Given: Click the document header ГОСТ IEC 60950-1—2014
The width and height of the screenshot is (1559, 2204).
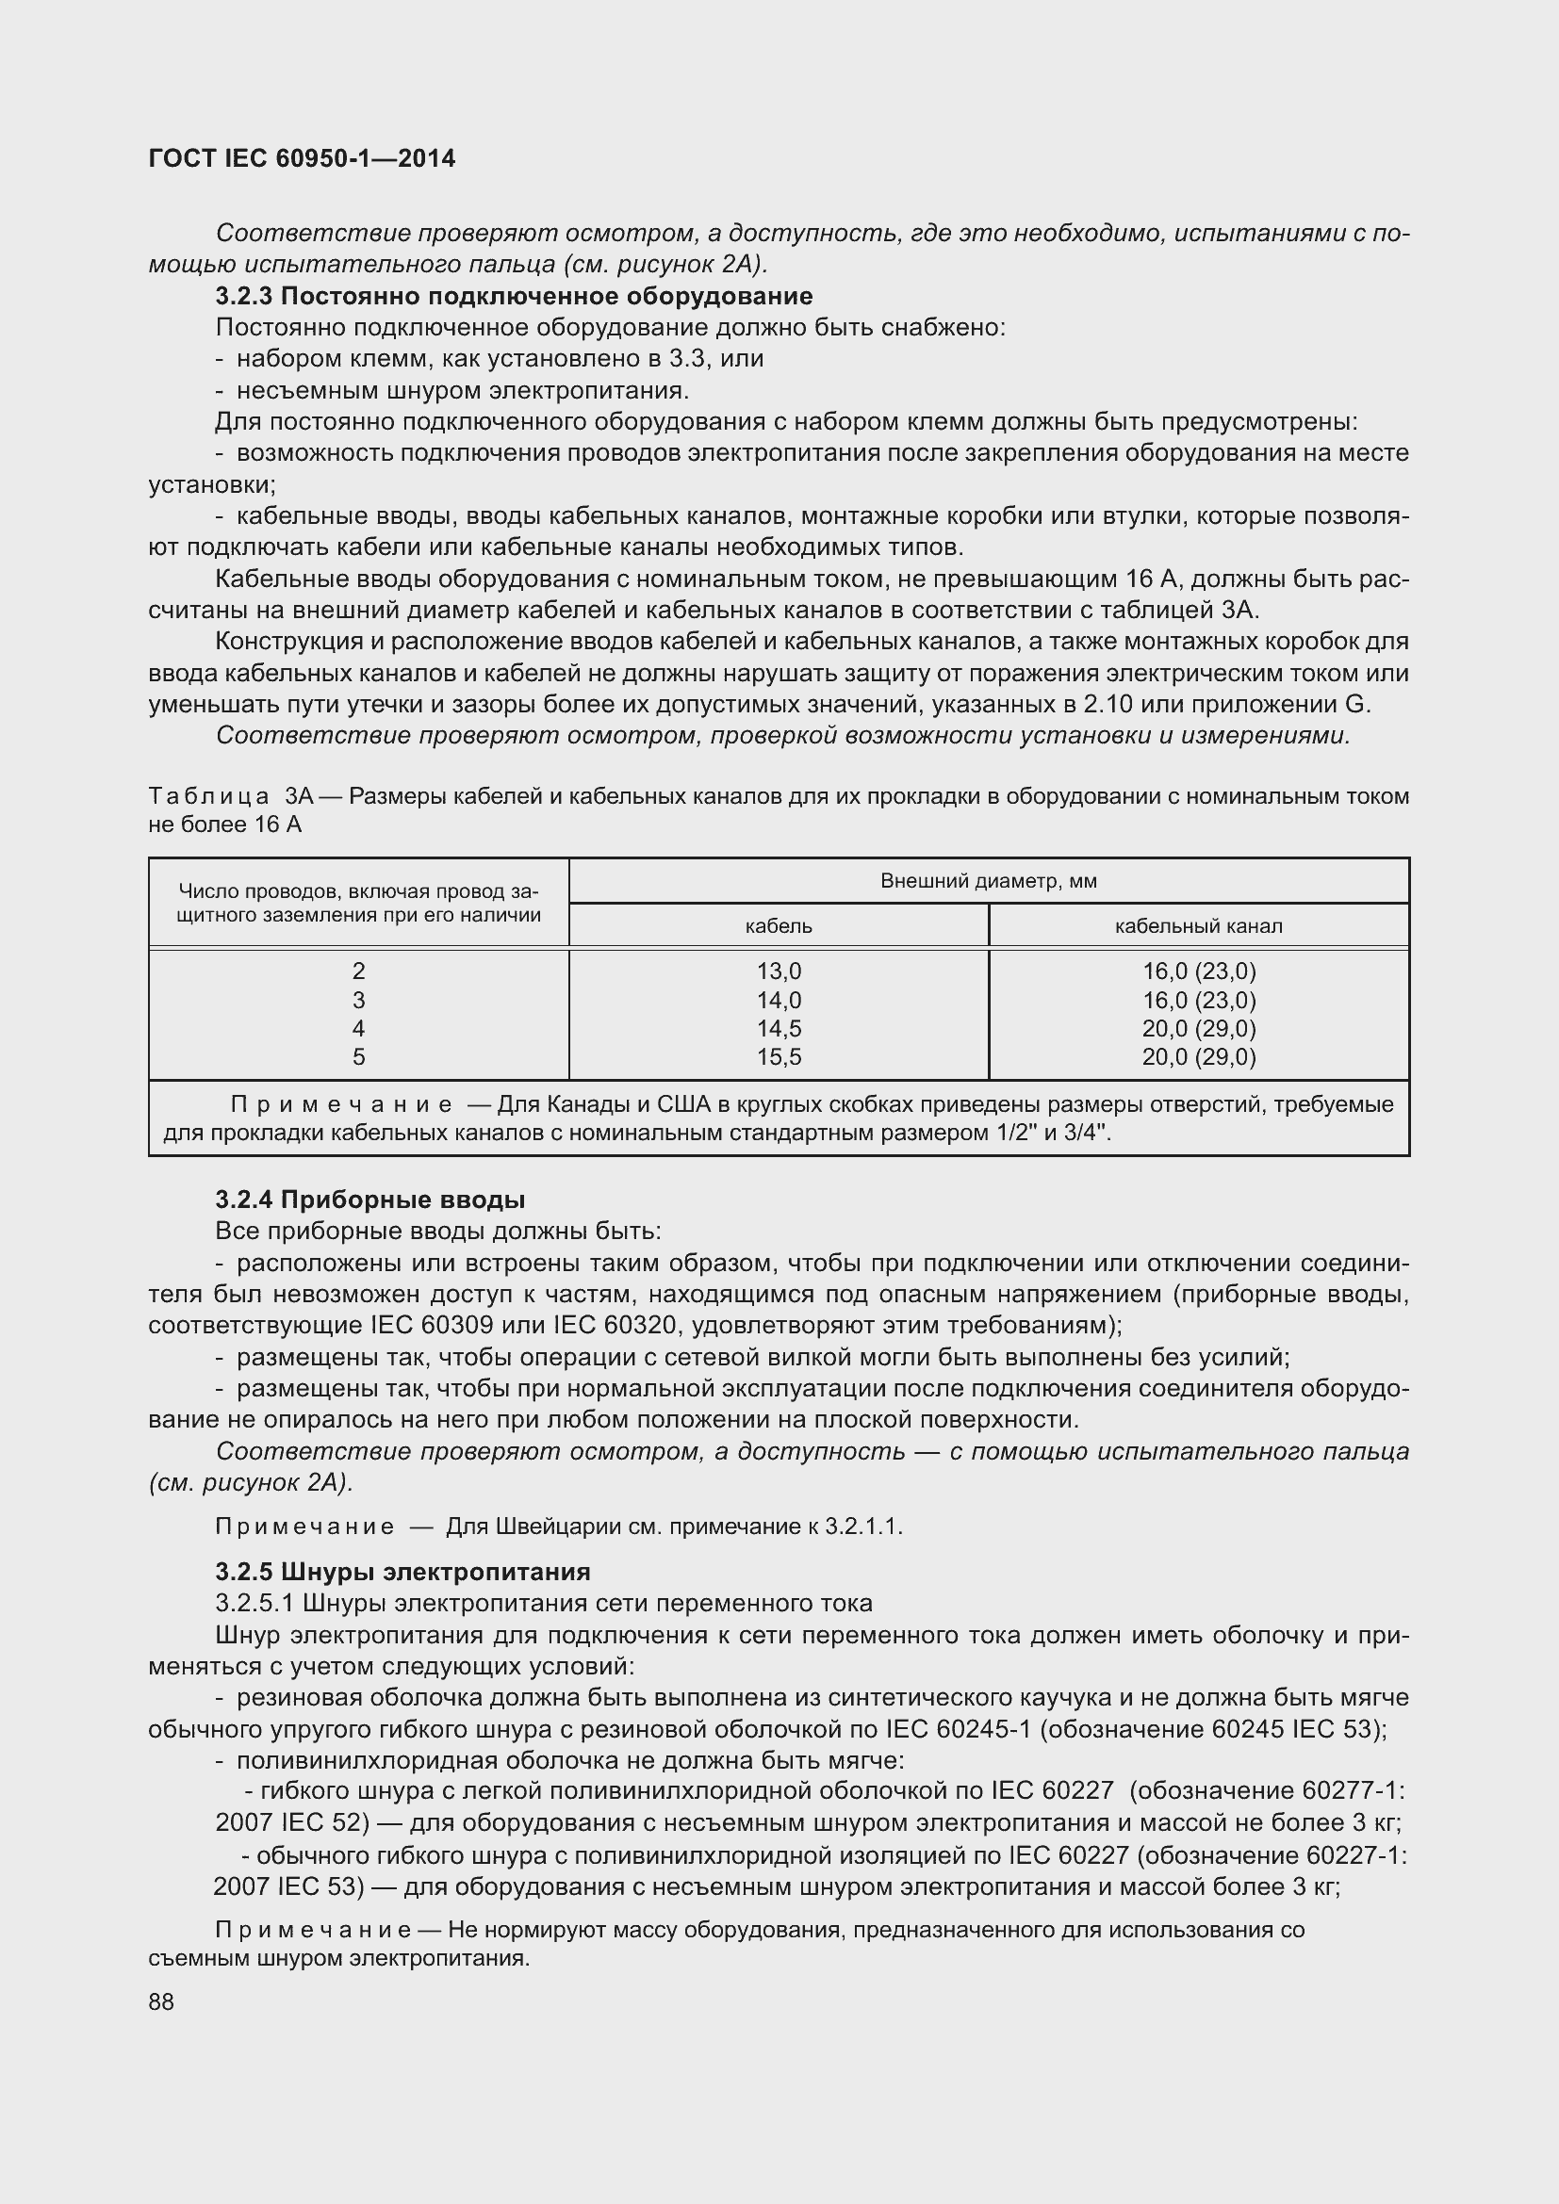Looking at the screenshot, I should point(302,158).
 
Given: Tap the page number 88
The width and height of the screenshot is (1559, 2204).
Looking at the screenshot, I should point(161,2001).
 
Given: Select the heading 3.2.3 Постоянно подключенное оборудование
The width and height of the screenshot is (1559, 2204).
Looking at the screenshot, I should point(514,296).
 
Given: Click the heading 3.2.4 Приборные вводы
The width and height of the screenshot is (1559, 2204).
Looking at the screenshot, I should point(369,1199).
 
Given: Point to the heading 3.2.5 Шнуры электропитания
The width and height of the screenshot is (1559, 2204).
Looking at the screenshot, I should point(402,1572).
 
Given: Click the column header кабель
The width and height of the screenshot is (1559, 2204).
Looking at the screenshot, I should point(779,926).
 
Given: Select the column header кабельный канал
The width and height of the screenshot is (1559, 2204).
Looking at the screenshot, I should point(1198,926).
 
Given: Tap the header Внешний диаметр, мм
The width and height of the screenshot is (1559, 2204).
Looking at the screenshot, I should point(988,881).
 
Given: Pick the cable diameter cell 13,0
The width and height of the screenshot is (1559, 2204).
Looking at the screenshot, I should point(779,971).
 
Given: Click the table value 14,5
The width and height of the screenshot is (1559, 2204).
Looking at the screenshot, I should point(779,1028).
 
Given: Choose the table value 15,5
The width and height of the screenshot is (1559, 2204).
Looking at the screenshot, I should point(779,1057).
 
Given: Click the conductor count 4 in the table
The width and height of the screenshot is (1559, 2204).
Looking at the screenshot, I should point(359,1028).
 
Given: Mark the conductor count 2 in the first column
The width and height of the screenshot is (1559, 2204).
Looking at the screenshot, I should point(359,971).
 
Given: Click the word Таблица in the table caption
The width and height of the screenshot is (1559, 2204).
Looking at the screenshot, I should point(208,796).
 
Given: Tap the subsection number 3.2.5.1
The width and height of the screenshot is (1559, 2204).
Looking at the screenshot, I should point(254,1603).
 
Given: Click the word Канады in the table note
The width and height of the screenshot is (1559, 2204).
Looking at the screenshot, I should point(588,1105).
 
